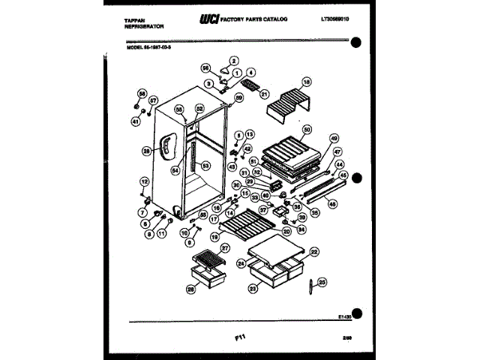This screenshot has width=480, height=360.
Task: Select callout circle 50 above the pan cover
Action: coord(307,130)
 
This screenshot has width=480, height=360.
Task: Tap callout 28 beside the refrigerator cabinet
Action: coord(147,150)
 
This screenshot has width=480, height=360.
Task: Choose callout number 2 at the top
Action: coord(233,60)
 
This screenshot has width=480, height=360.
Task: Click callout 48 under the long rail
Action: coord(332,204)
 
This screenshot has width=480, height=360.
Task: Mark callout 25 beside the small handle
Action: coord(322,282)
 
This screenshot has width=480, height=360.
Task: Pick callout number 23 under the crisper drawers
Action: coord(253,287)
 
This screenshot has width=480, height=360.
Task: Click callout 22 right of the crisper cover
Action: coord(315,252)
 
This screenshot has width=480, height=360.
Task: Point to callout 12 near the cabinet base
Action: coord(144,181)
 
